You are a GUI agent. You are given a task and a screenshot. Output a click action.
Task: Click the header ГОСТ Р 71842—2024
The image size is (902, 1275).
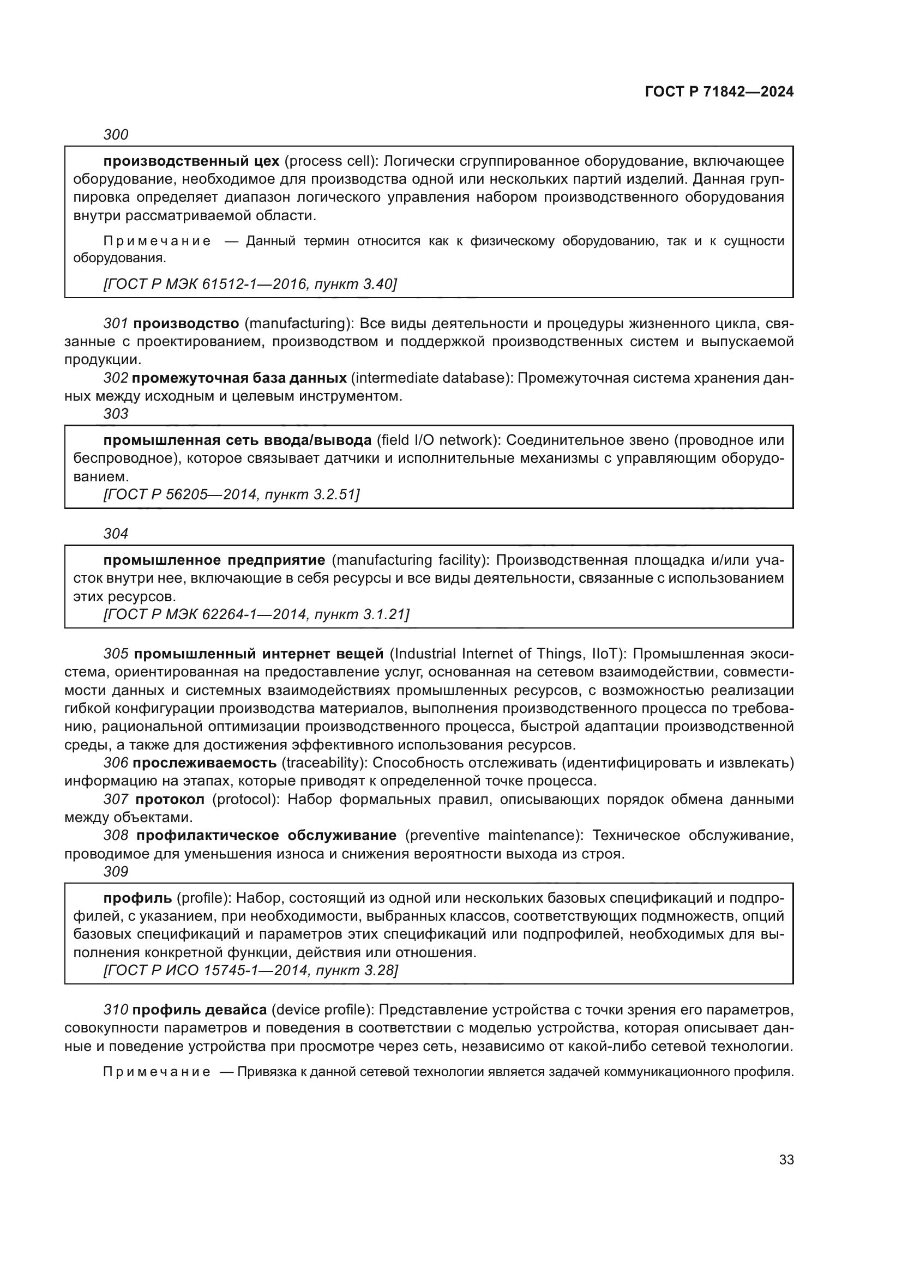click(719, 92)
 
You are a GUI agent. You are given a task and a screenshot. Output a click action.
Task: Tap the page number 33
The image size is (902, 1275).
click(786, 1160)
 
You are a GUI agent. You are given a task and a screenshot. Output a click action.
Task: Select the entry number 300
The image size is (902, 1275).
click(116, 135)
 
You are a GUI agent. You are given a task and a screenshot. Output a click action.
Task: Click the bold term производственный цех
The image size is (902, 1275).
click(191, 161)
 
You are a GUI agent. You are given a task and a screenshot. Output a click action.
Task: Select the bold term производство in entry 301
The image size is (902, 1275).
click(186, 323)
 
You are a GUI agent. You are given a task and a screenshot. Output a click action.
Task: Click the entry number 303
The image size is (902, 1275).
click(116, 414)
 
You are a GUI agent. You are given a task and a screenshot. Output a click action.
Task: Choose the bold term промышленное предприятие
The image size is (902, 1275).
click(214, 560)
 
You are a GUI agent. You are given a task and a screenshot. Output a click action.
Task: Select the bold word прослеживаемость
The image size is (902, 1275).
click(205, 763)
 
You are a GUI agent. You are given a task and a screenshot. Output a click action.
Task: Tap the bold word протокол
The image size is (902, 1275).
click(170, 800)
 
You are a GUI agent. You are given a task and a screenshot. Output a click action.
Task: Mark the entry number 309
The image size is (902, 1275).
click(116, 872)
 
